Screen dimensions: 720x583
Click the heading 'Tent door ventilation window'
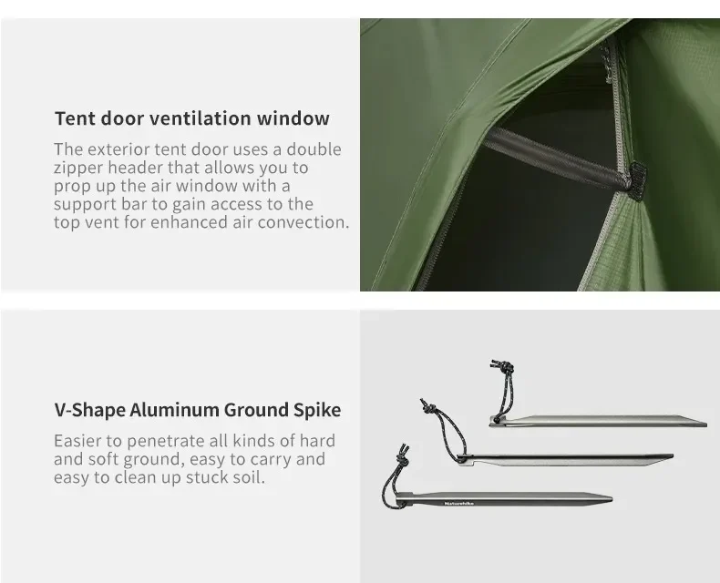pos(192,118)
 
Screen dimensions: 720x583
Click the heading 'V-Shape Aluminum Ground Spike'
pos(198,410)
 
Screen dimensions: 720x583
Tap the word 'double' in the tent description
pos(314,149)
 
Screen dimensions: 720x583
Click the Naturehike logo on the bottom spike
pos(459,504)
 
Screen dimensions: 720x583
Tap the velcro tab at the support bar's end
pos(637,180)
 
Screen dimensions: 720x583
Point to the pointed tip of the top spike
pos(705,424)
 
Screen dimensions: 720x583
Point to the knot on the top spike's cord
pos(504,367)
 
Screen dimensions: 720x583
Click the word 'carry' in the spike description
pos(270,459)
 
